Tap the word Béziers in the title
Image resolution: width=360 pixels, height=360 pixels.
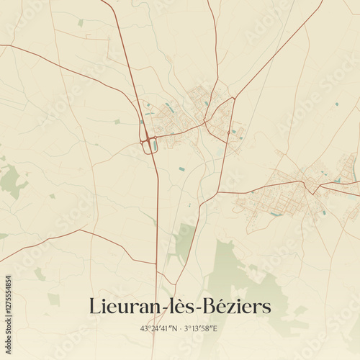click(x=237, y=306)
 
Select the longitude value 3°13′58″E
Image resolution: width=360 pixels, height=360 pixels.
click(x=201, y=328)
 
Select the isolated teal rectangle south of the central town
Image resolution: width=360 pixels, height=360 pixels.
click(x=181, y=168)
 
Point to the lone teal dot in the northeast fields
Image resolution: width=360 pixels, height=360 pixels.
click(x=336, y=104)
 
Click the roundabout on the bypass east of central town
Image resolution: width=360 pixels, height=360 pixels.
click(x=228, y=132)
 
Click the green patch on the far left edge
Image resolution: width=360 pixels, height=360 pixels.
click(x=11, y=180)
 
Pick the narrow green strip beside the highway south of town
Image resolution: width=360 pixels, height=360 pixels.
click(x=183, y=241)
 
